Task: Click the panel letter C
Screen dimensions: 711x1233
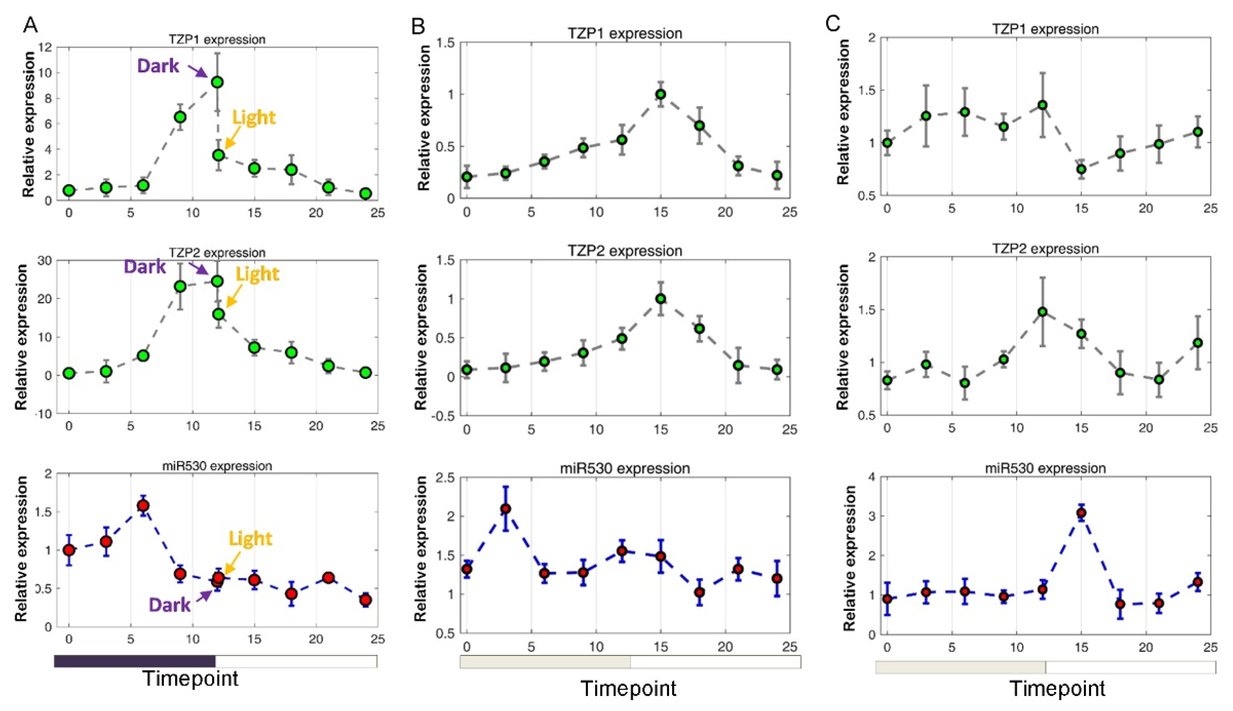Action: (833, 23)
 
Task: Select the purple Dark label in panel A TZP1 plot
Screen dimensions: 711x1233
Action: (158, 66)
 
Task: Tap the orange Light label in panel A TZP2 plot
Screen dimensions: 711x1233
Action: (257, 274)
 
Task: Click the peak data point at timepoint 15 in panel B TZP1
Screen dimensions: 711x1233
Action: (660, 94)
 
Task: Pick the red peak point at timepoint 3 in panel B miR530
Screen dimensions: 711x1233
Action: (506, 509)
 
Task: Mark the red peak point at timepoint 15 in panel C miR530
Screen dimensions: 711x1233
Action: (1081, 513)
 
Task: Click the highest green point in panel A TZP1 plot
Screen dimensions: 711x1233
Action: (217, 82)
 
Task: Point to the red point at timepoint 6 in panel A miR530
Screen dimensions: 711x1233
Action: (143, 505)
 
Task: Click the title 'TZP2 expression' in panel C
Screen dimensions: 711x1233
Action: (1045, 249)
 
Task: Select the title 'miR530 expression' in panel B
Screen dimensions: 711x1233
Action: (625, 469)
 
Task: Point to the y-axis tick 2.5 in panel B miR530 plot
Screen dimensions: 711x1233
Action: (445, 477)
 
